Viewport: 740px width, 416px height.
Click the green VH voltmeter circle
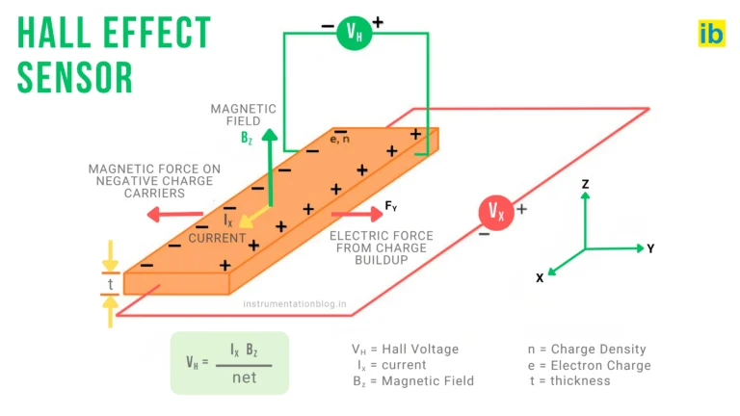353,34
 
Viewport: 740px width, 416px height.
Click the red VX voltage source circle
496,211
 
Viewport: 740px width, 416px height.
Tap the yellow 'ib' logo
711,33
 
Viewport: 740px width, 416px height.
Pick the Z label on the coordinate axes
585,183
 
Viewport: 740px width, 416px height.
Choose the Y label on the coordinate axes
650,248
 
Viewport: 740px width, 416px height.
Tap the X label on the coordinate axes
540,277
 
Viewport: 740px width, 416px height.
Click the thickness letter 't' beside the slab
111,284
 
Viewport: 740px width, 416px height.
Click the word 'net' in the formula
245,377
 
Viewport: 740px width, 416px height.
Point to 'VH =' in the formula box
196,363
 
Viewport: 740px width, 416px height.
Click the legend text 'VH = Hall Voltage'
405,349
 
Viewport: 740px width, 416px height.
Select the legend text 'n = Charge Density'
587,349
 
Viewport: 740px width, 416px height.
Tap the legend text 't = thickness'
569,380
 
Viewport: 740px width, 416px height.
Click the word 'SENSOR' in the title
75,75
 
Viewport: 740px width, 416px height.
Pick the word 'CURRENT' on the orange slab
217,238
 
